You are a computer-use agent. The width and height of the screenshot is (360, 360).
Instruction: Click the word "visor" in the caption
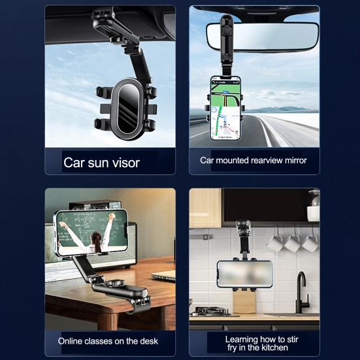point(123,163)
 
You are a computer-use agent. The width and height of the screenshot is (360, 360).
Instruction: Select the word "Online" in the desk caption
point(73,341)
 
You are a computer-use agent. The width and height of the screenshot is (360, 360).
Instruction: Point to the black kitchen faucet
point(302,291)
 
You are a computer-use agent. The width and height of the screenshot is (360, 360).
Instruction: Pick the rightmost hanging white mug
point(310,243)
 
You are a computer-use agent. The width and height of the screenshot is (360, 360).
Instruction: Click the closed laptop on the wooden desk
point(163,274)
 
